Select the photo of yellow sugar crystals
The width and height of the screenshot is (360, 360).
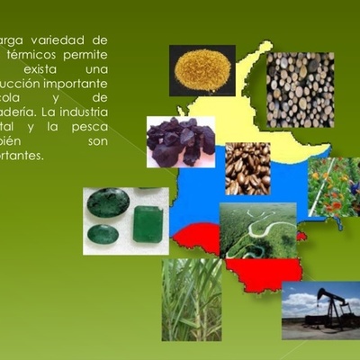click(x=202, y=70)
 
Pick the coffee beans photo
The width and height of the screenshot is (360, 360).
click(x=247, y=168)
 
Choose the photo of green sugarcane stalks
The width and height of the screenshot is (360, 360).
click(x=192, y=300)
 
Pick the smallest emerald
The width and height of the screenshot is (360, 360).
click(x=103, y=235)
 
